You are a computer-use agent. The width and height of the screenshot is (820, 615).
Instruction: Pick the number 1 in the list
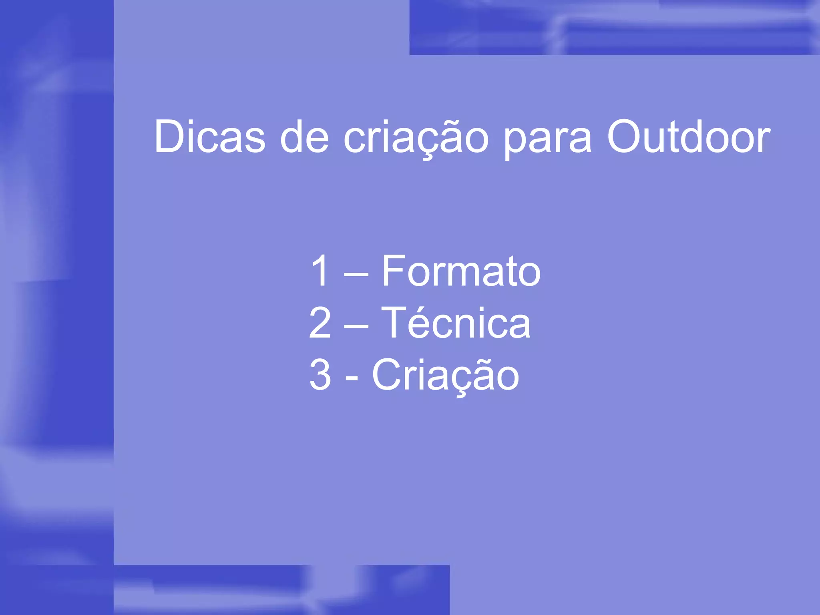pyautogui.click(x=320, y=271)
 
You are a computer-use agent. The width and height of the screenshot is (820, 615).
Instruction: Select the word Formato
pyautogui.click(x=461, y=271)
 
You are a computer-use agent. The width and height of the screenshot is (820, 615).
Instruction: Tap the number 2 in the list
pyautogui.click(x=320, y=323)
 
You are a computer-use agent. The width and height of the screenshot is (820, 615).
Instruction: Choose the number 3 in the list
pyautogui.click(x=320, y=375)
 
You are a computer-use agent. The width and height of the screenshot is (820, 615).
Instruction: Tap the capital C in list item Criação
pyautogui.click(x=386, y=375)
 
